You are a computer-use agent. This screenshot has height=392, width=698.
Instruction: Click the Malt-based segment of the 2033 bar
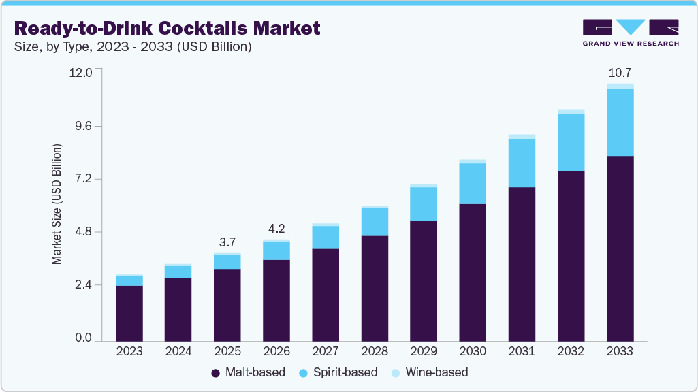(x=620, y=248)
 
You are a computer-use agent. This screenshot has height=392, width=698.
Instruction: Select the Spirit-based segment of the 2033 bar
(x=620, y=122)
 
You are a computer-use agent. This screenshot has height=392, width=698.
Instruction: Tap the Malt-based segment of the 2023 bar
(x=129, y=313)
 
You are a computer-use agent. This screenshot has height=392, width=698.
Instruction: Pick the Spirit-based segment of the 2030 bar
(x=473, y=184)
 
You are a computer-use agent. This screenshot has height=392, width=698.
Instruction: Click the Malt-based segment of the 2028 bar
(x=375, y=288)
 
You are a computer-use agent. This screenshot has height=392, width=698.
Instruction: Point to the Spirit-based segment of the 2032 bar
(x=571, y=143)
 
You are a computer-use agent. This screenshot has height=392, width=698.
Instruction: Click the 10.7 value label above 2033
(x=620, y=72)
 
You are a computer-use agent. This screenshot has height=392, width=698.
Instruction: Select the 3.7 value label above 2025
(x=227, y=242)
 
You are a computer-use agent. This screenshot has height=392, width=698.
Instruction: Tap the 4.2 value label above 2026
(x=276, y=228)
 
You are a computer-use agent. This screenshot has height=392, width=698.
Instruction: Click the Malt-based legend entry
(x=248, y=372)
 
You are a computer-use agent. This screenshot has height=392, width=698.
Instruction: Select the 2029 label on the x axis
(x=424, y=351)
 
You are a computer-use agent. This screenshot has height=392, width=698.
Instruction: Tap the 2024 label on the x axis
(x=178, y=351)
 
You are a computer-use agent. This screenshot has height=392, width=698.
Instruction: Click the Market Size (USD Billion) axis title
(x=57, y=204)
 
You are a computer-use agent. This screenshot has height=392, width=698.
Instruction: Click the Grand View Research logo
(x=631, y=33)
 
